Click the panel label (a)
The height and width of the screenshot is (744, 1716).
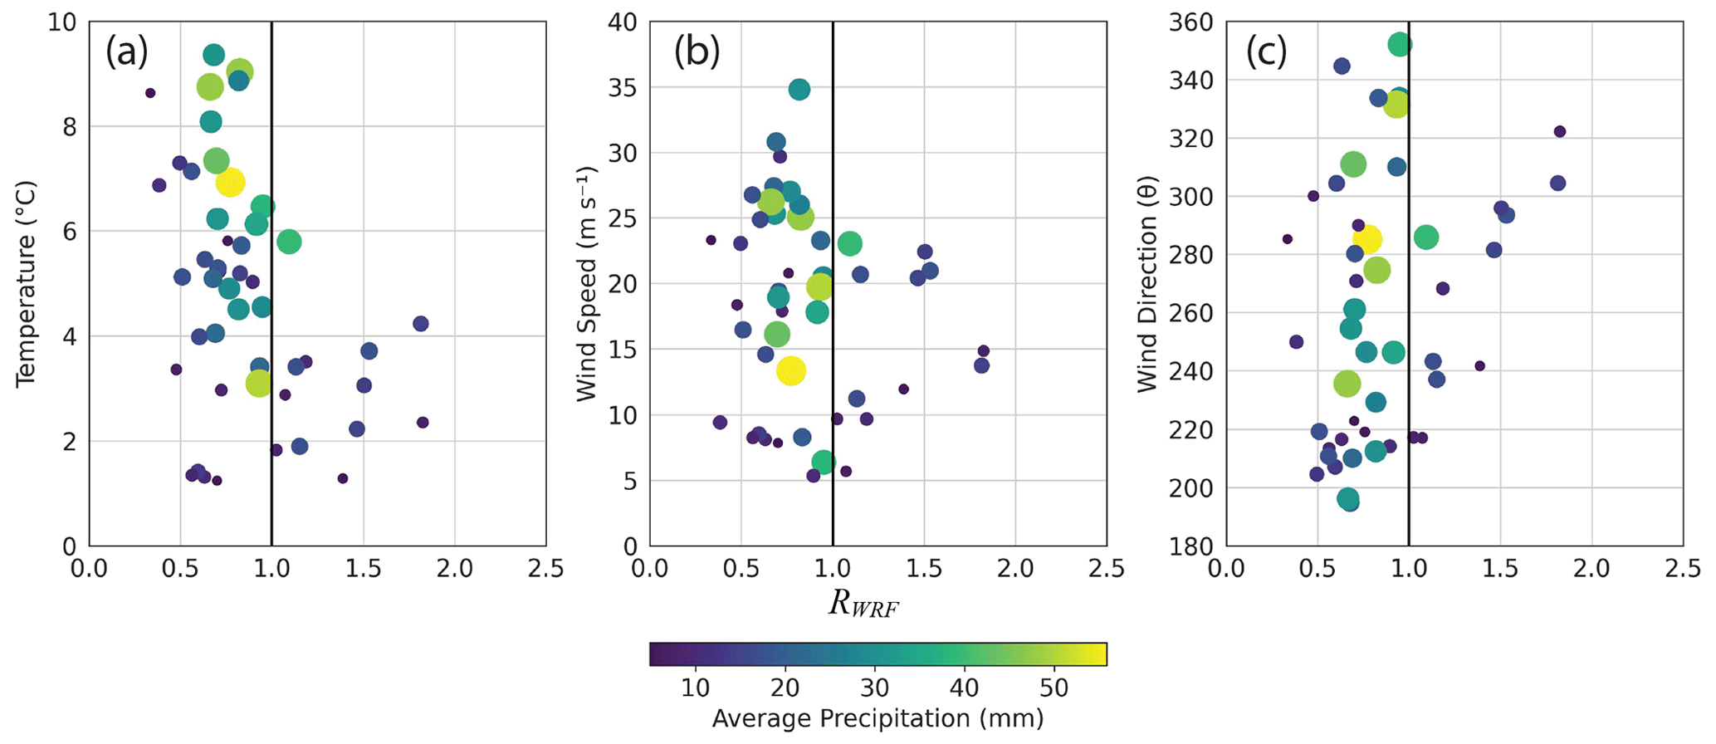point(126,53)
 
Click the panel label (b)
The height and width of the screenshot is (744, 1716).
point(697,53)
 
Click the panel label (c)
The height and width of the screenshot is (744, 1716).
point(1266,53)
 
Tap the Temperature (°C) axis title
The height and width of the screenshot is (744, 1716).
point(26,284)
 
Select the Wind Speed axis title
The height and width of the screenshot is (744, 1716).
point(587,284)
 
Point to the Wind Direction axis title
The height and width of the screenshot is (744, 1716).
point(1147,284)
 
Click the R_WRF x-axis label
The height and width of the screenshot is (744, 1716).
point(863,604)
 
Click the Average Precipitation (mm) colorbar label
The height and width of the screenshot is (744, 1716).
point(878,718)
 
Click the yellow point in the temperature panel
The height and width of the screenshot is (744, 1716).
point(230,181)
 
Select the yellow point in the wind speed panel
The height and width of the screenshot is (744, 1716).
point(790,370)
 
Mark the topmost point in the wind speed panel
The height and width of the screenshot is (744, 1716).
point(799,90)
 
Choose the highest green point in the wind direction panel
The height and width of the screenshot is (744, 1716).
point(1400,45)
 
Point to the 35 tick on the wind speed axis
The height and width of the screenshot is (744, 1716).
point(622,88)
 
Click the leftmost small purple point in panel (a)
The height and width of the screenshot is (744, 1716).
point(150,93)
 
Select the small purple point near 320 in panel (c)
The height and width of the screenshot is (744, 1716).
point(1559,131)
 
